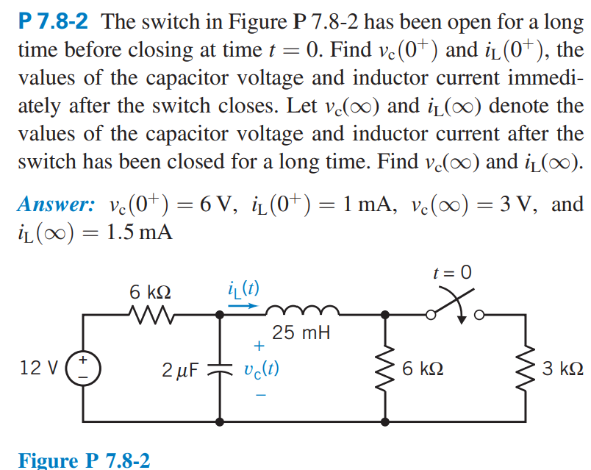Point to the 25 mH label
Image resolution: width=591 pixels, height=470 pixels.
coord(301,333)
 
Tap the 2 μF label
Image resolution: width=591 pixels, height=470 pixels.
coord(179,368)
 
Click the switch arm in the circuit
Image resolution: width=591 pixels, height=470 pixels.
coord(451,307)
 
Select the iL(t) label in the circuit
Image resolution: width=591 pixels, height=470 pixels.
coord(243,288)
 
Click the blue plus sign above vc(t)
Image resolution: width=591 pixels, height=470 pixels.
coord(258,344)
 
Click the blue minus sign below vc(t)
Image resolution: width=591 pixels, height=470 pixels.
coord(258,394)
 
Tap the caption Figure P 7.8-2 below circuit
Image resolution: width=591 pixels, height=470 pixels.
coord(84,460)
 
